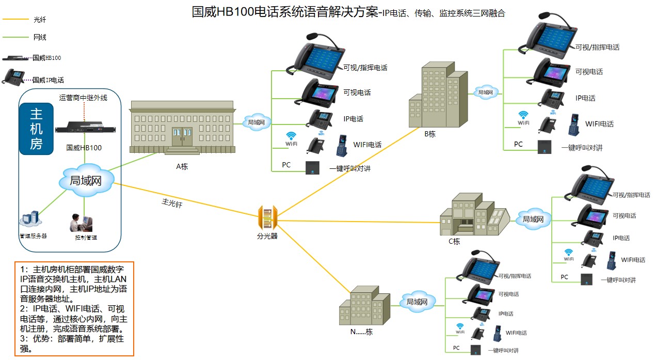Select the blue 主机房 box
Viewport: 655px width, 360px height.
pos(36,129)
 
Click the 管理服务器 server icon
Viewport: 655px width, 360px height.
pos(30,220)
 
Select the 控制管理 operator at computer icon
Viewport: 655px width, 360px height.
pos(83,223)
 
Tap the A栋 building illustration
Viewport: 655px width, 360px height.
pos(182,127)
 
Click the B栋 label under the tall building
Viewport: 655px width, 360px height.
pos(430,134)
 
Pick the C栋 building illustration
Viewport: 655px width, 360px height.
pos(472,216)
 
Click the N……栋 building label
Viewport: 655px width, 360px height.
pos(361,332)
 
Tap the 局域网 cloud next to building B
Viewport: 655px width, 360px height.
pos(485,92)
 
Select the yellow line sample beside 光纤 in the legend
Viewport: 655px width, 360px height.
pos(15,20)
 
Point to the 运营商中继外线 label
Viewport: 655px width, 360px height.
pos(84,98)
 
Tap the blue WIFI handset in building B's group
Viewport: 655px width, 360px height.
pos(573,124)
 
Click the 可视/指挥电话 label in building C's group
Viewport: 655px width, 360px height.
pos(631,195)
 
